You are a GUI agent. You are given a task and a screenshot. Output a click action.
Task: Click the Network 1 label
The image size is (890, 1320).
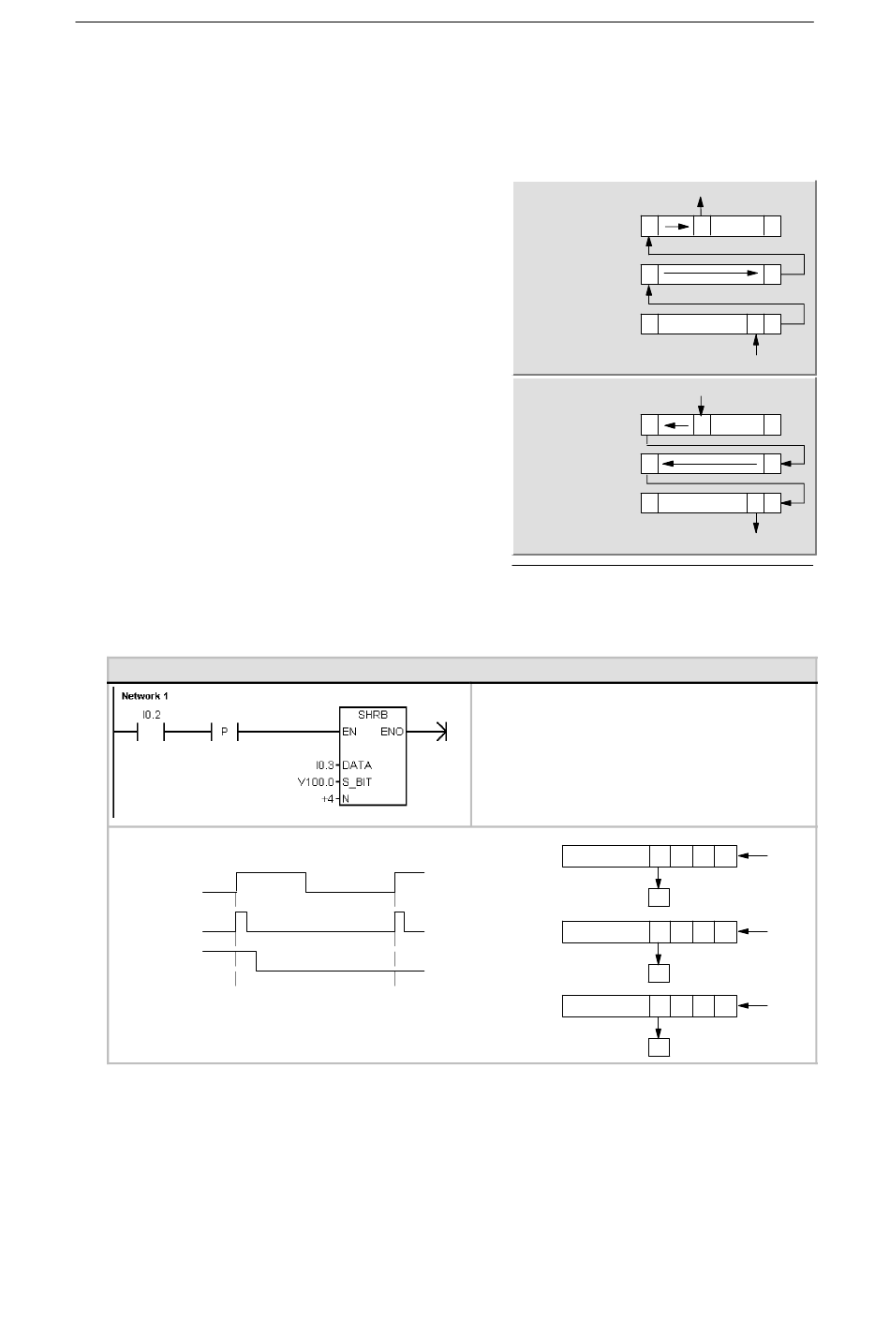pos(144,696)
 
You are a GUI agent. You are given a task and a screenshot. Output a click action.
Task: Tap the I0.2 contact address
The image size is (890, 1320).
pos(152,715)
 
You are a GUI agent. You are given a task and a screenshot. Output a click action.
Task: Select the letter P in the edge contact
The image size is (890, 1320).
pos(224,732)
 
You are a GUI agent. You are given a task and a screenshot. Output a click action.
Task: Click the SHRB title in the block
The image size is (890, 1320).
pos(373,715)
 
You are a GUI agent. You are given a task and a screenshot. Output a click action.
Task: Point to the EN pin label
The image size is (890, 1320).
pos(349,732)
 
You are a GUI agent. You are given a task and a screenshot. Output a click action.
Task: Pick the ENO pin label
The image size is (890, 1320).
pos(392,732)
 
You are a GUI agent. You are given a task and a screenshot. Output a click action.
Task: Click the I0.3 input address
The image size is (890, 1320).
pos(325,765)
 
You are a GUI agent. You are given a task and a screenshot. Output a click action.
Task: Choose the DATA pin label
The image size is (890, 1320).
pos(357,765)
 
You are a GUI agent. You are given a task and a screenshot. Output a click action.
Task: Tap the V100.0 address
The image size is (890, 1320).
pos(316,782)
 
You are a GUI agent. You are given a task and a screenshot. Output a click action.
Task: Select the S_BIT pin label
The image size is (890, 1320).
pos(357,782)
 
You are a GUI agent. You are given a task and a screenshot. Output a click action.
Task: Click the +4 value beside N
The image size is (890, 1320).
pos(328,799)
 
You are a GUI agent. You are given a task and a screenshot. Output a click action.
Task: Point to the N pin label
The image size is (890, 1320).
pos(346,799)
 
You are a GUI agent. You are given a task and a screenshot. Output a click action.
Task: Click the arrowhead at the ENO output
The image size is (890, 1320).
pos(442,732)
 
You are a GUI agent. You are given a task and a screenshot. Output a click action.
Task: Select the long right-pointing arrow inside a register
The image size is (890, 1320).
pos(711,274)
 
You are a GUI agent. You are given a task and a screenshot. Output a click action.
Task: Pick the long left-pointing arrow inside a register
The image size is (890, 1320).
pos(709,464)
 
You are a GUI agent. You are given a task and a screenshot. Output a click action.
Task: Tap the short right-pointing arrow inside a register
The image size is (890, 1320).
pos(676,227)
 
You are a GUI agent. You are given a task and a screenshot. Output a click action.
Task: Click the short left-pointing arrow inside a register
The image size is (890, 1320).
pos(676,425)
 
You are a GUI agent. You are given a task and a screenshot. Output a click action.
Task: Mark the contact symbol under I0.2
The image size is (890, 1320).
pos(151,732)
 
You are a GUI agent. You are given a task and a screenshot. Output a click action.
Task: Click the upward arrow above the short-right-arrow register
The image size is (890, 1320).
pos(700,206)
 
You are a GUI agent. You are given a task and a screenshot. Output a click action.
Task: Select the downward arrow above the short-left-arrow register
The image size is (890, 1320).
pos(701,406)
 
